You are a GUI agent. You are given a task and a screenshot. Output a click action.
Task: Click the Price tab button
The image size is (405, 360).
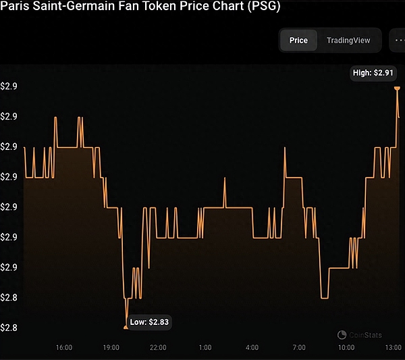point(298,41)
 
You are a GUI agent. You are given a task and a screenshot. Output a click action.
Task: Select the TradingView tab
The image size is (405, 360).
point(348,41)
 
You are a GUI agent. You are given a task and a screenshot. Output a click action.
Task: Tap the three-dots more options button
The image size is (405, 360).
point(397,41)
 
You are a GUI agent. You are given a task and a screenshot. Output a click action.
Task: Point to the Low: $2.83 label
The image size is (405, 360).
point(150,323)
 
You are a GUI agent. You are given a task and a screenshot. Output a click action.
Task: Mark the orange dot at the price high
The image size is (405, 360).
point(397,88)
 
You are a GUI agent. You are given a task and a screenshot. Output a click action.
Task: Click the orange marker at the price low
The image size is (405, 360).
point(126,327)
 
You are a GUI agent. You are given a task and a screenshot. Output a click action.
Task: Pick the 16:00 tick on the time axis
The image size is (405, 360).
point(65,347)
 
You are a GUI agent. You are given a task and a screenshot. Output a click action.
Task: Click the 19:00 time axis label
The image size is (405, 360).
point(111,347)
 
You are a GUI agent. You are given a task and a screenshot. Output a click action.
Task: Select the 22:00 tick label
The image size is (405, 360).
point(158,347)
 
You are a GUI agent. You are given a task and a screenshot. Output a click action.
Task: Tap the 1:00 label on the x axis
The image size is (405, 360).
point(205,347)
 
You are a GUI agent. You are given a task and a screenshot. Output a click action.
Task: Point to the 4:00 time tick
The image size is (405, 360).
point(252,347)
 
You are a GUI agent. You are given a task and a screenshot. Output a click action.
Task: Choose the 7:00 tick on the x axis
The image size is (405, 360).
point(298,347)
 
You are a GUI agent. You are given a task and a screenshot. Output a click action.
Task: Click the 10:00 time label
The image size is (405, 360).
point(346,347)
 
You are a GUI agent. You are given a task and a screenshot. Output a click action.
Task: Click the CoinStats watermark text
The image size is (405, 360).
point(365,334)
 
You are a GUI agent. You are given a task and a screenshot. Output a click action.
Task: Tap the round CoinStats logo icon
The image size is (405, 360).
point(342,334)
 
